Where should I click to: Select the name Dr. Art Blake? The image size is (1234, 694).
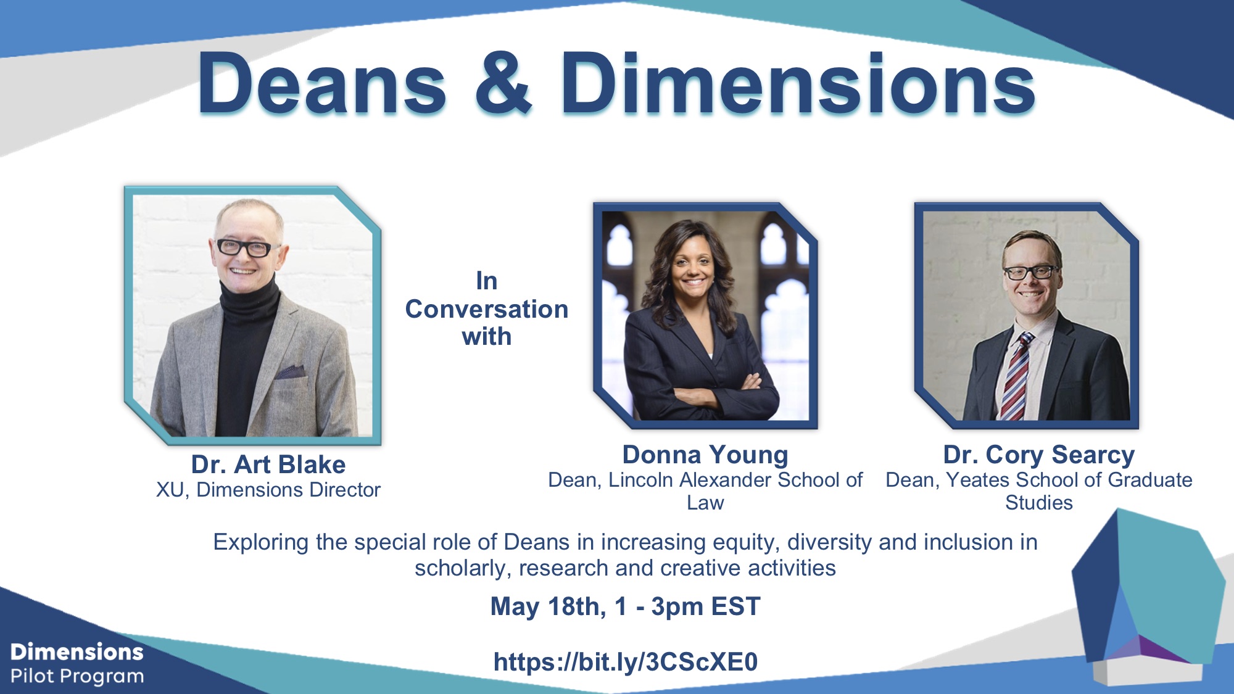268,464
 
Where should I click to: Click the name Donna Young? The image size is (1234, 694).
705,455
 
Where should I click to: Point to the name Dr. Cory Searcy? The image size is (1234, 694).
1039,455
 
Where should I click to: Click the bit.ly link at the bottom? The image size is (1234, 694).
626,661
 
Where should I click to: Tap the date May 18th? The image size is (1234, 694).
548,606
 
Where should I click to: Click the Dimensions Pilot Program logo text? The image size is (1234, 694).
77,664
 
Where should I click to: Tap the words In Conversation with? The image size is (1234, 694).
487,308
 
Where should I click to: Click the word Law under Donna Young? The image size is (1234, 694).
705,503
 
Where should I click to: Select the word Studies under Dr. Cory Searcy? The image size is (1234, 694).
1039,503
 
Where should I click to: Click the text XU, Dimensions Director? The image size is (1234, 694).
268,490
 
